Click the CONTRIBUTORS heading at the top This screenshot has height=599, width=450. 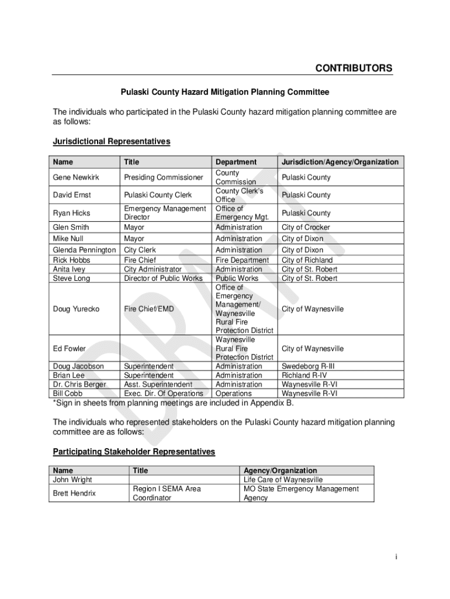pyautogui.click(x=354, y=68)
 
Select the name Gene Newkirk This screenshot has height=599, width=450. pyautogui.click(x=76, y=177)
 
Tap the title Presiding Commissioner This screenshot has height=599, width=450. pyautogui.click(x=163, y=177)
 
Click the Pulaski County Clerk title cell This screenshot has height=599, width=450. pyautogui.click(x=158, y=195)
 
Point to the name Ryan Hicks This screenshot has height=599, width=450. pyautogui.click(x=72, y=213)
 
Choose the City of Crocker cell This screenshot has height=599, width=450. pyautogui.click(x=306, y=227)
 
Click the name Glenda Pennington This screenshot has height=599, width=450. pyautogui.click(x=84, y=250)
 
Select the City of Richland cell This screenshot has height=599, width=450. pyautogui.click(x=307, y=260)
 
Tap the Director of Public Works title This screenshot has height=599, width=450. pyautogui.click(x=163, y=278)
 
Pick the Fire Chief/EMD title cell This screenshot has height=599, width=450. pyautogui.click(x=148, y=309)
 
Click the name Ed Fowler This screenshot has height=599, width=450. pyautogui.click(x=69, y=349)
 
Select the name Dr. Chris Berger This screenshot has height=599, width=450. pyautogui.click(x=79, y=384)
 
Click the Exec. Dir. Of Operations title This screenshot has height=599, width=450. pyautogui.click(x=164, y=394)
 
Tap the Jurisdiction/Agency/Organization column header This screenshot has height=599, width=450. pyautogui.click(x=340, y=162)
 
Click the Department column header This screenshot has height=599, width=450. pyautogui.click(x=236, y=162)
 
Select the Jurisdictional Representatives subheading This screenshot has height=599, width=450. pyautogui.click(x=112, y=142)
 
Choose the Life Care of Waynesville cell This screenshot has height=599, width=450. pyautogui.click(x=283, y=480)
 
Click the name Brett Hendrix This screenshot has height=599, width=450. pyautogui.click(x=74, y=493)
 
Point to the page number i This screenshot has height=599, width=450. pyautogui.click(x=396, y=557)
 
